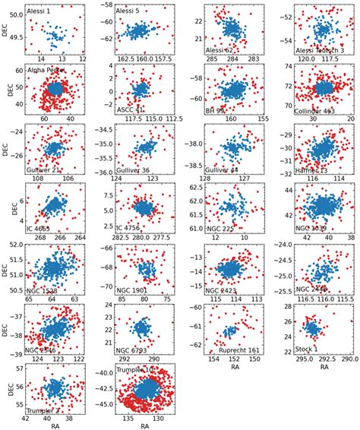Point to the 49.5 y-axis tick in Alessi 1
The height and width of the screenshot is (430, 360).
tap(15, 35)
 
